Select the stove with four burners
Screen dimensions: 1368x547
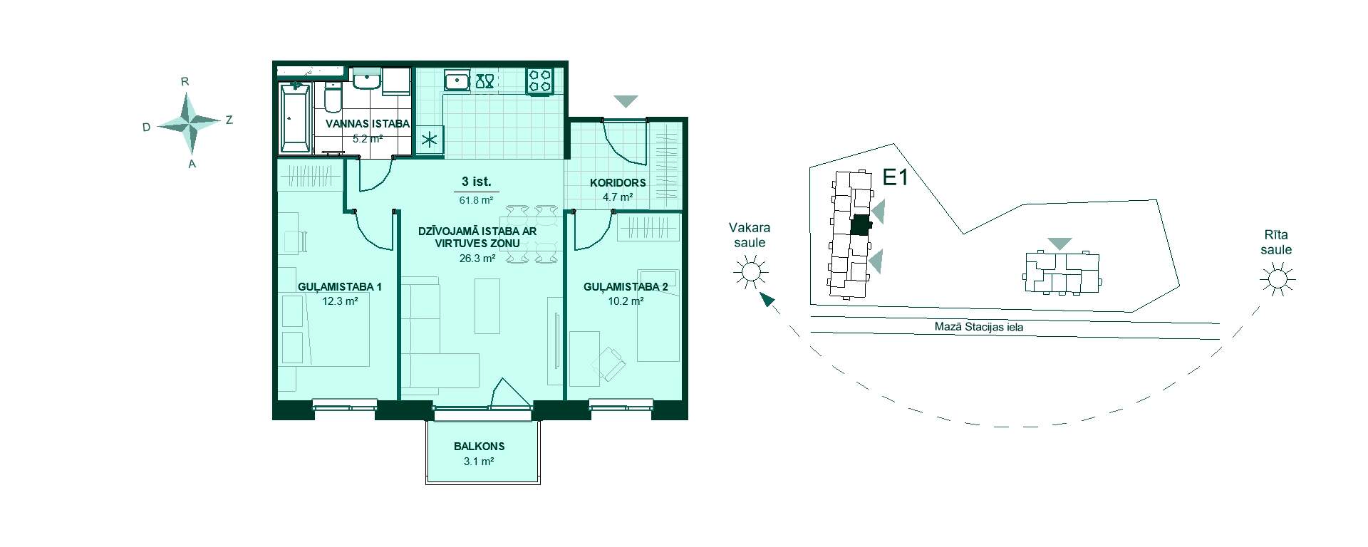pos(539,80)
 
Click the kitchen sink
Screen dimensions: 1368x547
pos(456,80)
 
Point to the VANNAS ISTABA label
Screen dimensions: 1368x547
pos(368,124)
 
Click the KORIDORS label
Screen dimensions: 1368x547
pos(618,183)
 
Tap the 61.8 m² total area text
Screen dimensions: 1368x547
pos(477,201)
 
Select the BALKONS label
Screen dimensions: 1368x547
pos(480,447)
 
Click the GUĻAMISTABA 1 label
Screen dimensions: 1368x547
pos(340,287)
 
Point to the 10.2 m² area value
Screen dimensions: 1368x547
pos(626,301)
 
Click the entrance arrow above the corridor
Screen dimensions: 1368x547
pos(626,102)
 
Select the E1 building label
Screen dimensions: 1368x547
pos(896,177)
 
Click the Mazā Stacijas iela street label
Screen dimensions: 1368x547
pos(979,328)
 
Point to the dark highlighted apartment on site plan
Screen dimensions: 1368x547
pos(861,225)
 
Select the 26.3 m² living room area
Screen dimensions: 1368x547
pos(477,259)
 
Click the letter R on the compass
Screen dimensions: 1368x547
pos(185,82)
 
